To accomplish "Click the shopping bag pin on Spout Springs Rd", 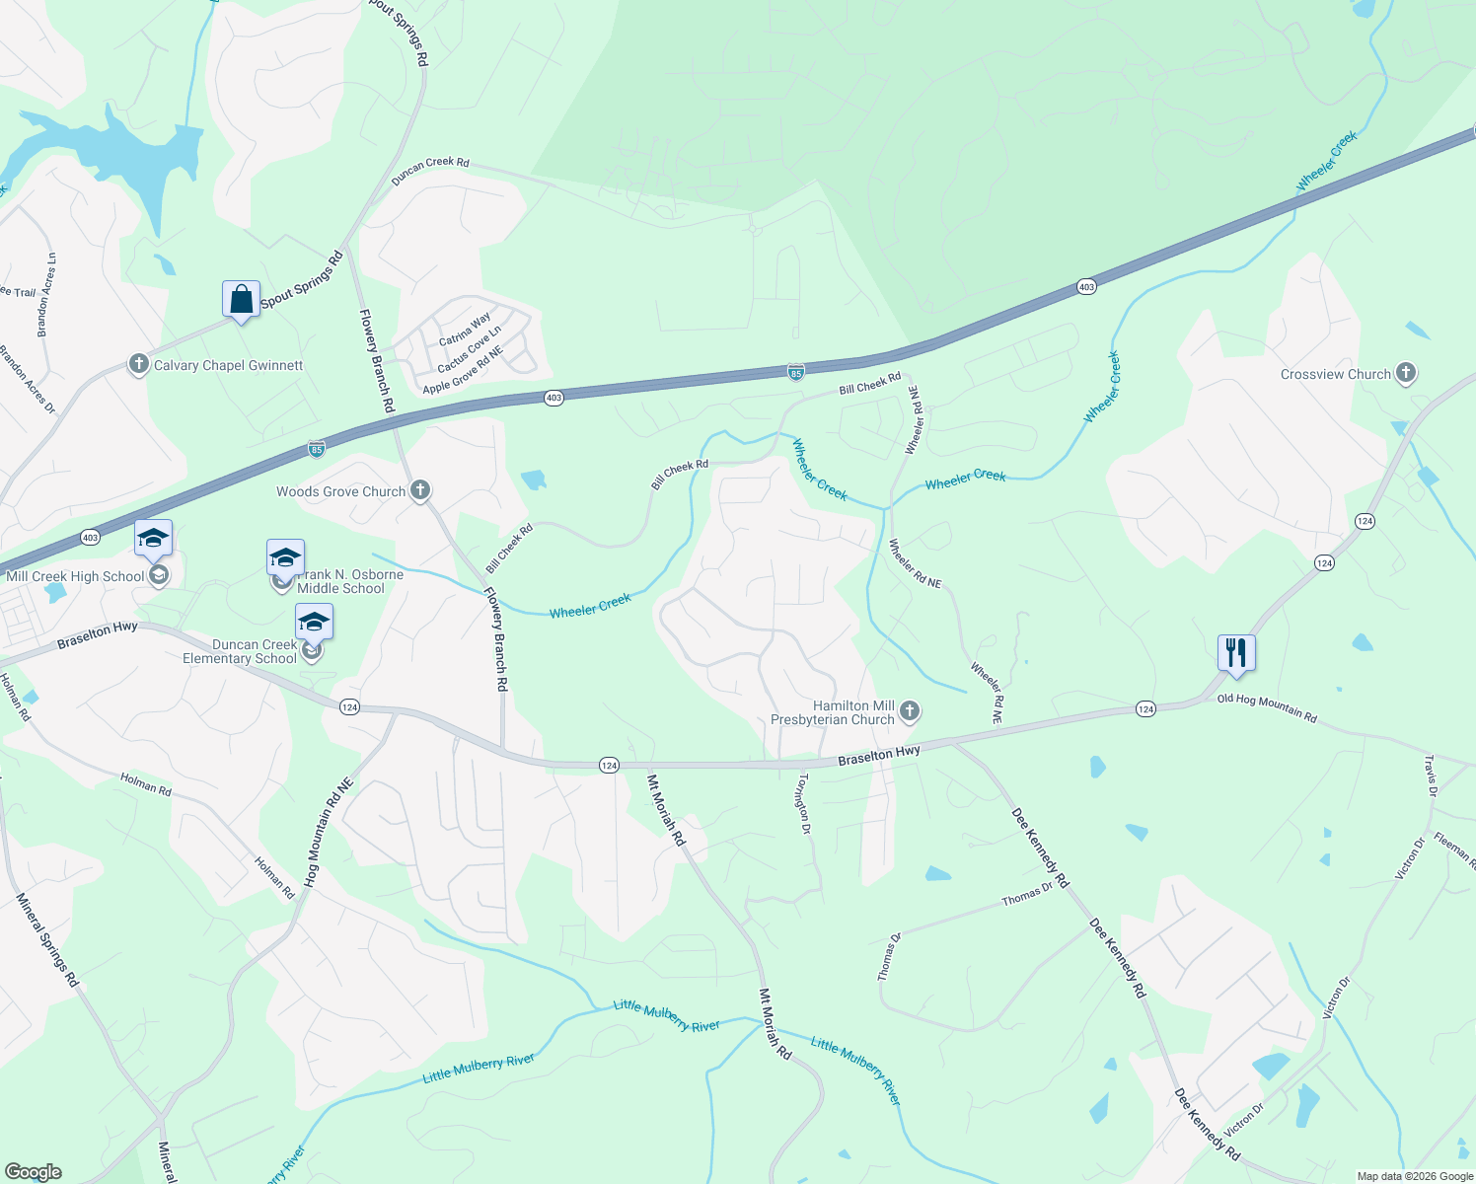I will (x=241, y=299).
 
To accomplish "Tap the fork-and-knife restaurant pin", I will (x=1235, y=652).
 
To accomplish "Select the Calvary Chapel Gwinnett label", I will (x=228, y=365).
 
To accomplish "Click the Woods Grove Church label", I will (x=340, y=491).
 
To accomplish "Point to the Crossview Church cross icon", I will (x=1406, y=373).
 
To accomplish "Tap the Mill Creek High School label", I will (x=75, y=576).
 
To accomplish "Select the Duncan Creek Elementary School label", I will (x=240, y=651).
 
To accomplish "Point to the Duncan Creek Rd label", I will (x=430, y=170).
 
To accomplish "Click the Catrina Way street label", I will (x=465, y=330).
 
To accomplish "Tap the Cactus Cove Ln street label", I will (x=470, y=349).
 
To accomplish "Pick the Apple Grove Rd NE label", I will (x=463, y=370).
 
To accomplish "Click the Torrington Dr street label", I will (x=804, y=803).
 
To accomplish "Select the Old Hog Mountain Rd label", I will (x=1267, y=707).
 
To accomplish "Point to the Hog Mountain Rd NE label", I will (x=329, y=832).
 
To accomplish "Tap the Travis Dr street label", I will (x=1431, y=776).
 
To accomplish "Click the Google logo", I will (x=34, y=1171).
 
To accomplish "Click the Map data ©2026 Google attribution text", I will (x=1415, y=1176).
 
